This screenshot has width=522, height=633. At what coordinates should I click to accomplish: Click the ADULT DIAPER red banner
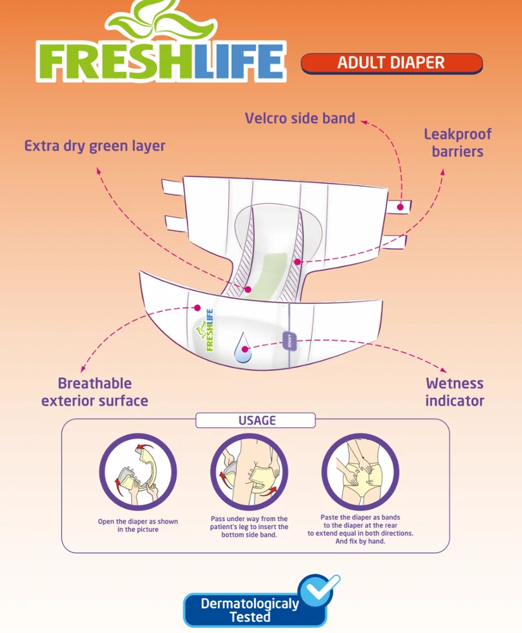click(x=391, y=63)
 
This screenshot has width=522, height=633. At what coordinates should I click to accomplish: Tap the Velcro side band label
click(x=300, y=118)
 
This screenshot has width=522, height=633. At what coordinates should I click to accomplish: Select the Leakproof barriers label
click(x=457, y=143)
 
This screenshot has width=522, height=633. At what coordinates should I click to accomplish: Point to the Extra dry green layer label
click(x=94, y=146)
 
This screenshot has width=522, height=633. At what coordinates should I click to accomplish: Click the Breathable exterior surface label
click(x=94, y=392)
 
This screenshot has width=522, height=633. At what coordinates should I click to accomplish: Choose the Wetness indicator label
click(x=454, y=392)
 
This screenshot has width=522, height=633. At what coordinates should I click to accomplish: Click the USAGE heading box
click(x=255, y=420)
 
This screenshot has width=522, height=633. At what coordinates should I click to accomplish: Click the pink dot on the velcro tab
click(x=400, y=207)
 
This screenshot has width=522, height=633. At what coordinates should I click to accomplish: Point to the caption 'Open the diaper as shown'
click(x=137, y=525)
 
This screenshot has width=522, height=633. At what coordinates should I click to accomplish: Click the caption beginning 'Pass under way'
click(x=249, y=527)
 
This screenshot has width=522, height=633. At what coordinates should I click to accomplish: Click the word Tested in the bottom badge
click(x=250, y=617)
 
